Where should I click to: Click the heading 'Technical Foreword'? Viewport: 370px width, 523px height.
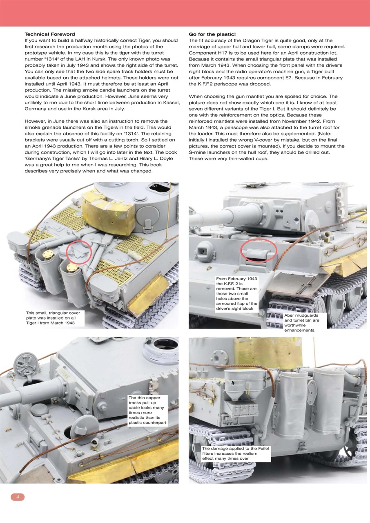[x=50, y=34]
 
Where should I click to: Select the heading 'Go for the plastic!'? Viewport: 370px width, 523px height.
[x=212, y=34]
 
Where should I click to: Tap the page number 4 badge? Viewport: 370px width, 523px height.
[x=18, y=497]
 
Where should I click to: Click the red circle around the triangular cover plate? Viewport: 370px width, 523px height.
[x=78, y=253]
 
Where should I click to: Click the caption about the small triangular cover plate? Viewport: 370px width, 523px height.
[x=53, y=318]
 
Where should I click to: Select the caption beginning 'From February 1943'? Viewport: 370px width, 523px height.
[x=237, y=293]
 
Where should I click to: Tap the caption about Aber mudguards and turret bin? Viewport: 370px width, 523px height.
[x=302, y=323]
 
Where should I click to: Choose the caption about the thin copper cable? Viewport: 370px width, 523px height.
[x=147, y=410]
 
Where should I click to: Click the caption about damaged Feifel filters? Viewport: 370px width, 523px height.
[x=236, y=454]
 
